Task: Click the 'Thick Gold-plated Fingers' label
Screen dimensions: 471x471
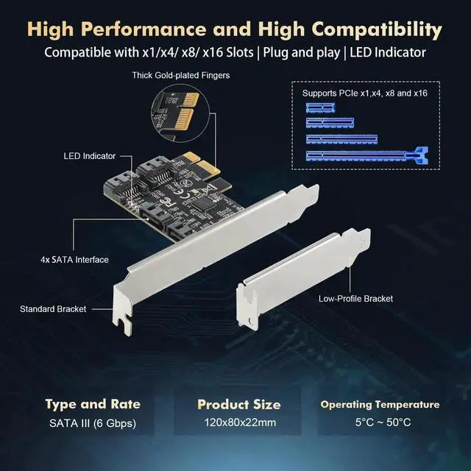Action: [x=180, y=75]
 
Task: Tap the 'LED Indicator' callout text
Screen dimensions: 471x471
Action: [x=89, y=156]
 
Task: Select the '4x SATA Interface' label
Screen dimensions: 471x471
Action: [x=74, y=260]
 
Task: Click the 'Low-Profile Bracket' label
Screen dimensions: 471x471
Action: [x=355, y=298]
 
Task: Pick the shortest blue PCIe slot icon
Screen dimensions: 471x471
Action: [x=319, y=107]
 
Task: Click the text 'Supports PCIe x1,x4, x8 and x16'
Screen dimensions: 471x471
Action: [x=365, y=93]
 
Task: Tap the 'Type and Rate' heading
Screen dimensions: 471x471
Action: [x=93, y=404]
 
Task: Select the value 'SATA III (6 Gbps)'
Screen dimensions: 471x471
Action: [x=93, y=423]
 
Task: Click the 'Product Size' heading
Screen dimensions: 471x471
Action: [x=238, y=404]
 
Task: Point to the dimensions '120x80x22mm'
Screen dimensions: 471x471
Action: [x=239, y=423]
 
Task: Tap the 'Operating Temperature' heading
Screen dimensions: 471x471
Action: [x=380, y=404]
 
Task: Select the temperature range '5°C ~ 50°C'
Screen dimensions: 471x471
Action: [x=380, y=423]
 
